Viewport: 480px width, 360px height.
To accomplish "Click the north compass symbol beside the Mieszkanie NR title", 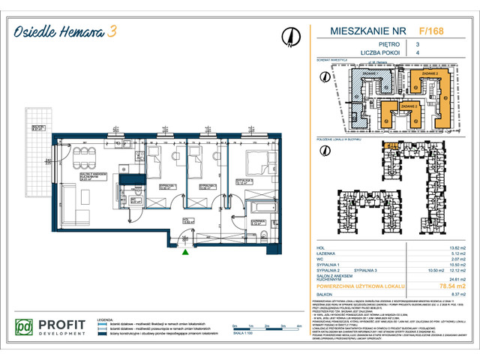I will (x=289, y=36).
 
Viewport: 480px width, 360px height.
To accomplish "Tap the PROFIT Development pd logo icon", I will (x=24, y=326).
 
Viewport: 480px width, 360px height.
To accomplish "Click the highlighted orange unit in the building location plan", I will (x=391, y=146).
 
